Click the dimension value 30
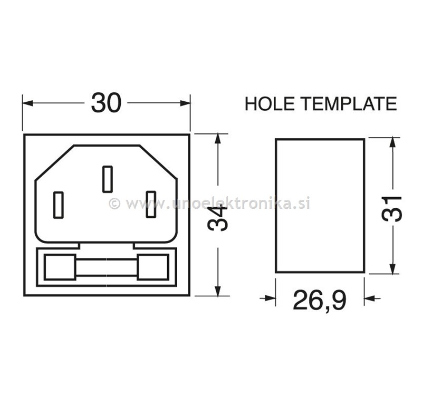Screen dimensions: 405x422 (x=106, y=103)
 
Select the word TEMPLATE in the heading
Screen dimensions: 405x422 (x=349, y=104)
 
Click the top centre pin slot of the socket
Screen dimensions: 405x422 (x=107, y=179)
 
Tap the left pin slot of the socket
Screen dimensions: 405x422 (x=59, y=205)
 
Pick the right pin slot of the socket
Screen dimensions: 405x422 (x=151, y=205)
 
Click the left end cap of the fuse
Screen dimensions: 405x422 (x=60, y=267)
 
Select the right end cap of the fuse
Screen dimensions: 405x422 (x=152, y=267)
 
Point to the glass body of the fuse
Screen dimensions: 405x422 (x=106, y=267)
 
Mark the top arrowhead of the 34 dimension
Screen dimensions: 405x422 (x=217, y=139)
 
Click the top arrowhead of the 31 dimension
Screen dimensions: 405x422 (x=392, y=142)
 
